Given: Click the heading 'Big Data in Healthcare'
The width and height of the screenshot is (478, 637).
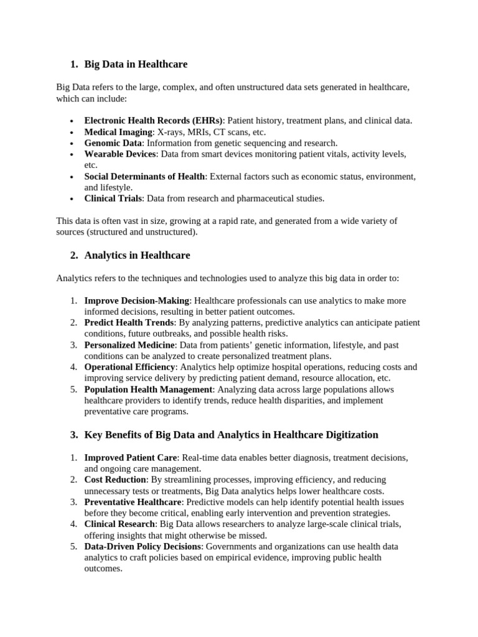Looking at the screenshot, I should (x=136, y=64).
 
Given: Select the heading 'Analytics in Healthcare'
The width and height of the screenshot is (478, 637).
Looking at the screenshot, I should (x=137, y=255).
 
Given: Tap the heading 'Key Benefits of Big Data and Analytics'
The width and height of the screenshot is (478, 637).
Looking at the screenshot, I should (x=231, y=434).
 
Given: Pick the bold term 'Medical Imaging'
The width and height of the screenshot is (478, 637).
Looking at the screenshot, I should (x=118, y=132).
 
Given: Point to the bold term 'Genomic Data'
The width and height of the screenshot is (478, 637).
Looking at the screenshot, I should (x=113, y=143).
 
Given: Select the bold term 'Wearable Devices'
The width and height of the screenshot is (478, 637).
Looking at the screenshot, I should (x=120, y=154).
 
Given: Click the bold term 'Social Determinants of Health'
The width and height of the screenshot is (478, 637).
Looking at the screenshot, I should (x=144, y=177).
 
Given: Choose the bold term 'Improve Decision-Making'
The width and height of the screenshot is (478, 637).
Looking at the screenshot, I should (x=136, y=300).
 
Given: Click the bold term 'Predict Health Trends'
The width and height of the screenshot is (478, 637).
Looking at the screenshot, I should (x=129, y=323).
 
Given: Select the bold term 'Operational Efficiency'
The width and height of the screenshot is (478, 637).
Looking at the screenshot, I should (x=130, y=367).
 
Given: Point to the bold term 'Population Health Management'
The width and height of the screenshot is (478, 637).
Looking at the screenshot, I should (x=146, y=389).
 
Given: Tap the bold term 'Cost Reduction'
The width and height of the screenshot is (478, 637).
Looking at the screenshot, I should (x=115, y=480).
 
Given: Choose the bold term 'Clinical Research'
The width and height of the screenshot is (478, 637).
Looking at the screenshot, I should (x=119, y=524).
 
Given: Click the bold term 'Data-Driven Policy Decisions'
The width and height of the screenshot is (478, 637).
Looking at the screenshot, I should (x=143, y=546).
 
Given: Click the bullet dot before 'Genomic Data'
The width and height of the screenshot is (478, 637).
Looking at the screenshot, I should (x=72, y=144).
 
